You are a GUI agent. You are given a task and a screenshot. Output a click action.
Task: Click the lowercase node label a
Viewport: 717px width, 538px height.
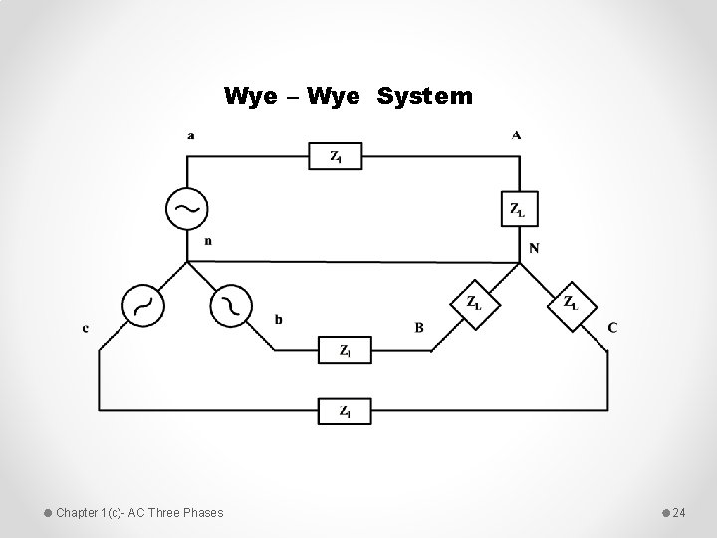pyautogui.click(x=190, y=136)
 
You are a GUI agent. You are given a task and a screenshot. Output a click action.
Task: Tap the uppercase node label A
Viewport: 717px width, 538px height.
pyautogui.click(x=517, y=135)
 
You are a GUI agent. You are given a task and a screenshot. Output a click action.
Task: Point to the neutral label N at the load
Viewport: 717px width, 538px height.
pyautogui.click(x=534, y=248)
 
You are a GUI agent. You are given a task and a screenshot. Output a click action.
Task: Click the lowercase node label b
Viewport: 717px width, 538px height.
pyautogui.click(x=278, y=319)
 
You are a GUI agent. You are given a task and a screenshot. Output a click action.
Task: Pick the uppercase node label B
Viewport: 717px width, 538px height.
pyautogui.click(x=419, y=327)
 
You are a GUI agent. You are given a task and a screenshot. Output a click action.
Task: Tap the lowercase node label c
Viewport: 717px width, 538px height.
pyautogui.click(x=86, y=328)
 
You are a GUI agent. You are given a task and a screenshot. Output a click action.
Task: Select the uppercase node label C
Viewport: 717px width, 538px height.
pyautogui.click(x=611, y=327)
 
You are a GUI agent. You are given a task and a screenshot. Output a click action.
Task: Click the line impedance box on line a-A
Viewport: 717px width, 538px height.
pyautogui.click(x=338, y=156)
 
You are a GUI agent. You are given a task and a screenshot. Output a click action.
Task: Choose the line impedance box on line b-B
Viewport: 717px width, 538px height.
pyautogui.click(x=345, y=351)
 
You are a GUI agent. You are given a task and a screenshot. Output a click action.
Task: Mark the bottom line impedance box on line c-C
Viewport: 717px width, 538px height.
pyautogui.click(x=345, y=410)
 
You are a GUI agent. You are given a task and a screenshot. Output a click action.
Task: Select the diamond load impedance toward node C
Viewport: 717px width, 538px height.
pyautogui.click(x=571, y=303)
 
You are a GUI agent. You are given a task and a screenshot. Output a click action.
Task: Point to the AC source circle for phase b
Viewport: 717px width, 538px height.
pyautogui.click(x=231, y=305)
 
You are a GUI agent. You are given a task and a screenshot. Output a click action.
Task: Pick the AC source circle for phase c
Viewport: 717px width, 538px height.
pyautogui.click(x=142, y=306)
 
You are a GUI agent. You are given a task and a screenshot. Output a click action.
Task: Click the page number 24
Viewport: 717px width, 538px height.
pyautogui.click(x=679, y=512)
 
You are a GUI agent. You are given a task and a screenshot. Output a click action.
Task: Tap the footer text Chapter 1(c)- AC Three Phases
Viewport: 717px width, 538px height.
pyautogui.click(x=139, y=512)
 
